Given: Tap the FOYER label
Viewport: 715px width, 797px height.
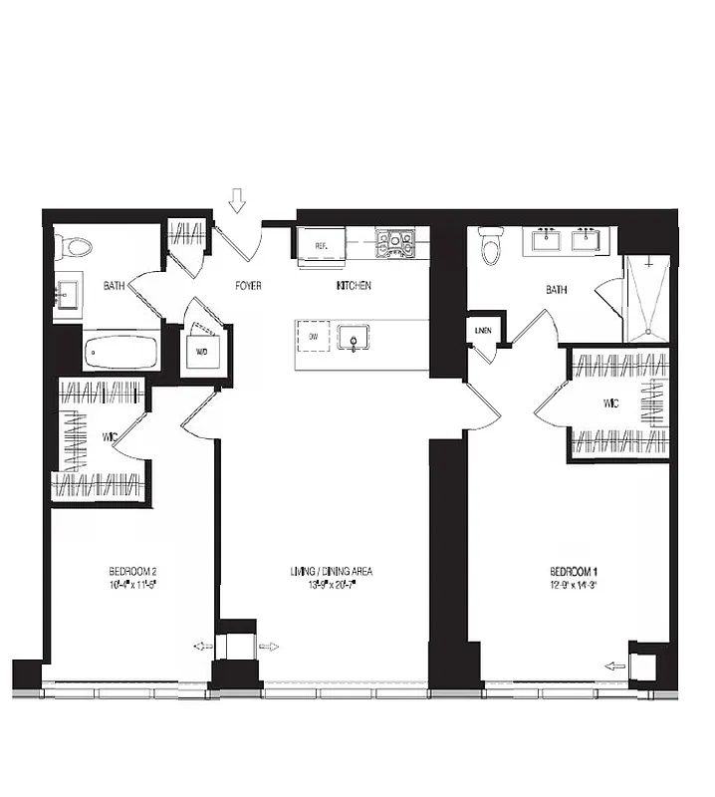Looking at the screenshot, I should coord(248,286).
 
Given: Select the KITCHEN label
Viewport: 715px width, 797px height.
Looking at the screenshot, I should coord(354,286).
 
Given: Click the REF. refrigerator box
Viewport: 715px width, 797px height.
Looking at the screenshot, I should coord(322,244).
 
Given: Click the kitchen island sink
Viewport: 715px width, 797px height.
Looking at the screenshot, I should coord(354,338).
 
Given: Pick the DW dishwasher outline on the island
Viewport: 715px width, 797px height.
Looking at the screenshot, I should coord(313,337).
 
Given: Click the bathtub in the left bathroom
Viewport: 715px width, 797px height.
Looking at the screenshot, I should coord(120,352).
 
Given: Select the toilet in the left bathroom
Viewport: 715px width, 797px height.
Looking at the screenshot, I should coord(74,245).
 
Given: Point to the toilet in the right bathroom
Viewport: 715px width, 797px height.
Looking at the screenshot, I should coord(491,245).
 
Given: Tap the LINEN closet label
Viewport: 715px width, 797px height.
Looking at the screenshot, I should coord(484,330).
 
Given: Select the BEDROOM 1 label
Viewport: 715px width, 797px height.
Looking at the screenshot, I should coord(574,572).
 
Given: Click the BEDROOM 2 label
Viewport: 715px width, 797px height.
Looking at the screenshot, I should coord(133,572).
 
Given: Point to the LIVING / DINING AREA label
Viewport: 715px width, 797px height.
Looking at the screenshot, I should coord(332,572).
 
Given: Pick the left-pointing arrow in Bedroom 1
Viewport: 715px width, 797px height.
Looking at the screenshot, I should coord(615,666).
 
